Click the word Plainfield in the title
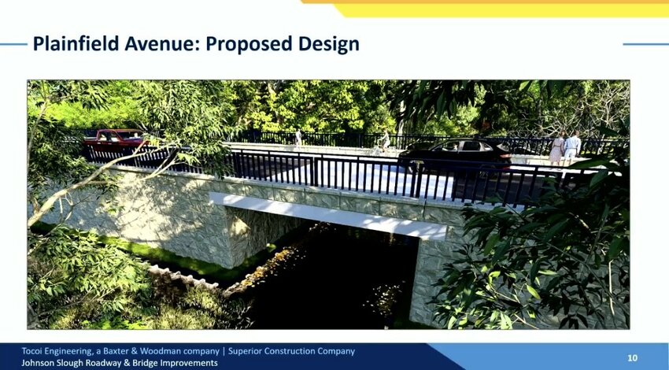pos(76,44)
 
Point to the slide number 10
pos(632,357)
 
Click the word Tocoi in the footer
pos(32,351)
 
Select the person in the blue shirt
pos(572,148)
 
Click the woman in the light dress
pos(556,149)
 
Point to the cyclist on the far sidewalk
pos(384,142)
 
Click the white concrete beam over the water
pos(327,216)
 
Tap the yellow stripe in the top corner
pos(504,10)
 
